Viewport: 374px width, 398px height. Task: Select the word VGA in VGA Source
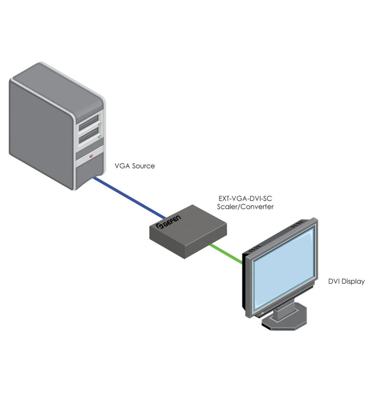coord(122,166)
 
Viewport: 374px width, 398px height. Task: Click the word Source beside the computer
coord(143,166)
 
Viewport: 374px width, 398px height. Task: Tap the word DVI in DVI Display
coord(334,281)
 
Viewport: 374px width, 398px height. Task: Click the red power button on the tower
coord(91,156)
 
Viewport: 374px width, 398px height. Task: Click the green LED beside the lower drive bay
coord(100,137)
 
